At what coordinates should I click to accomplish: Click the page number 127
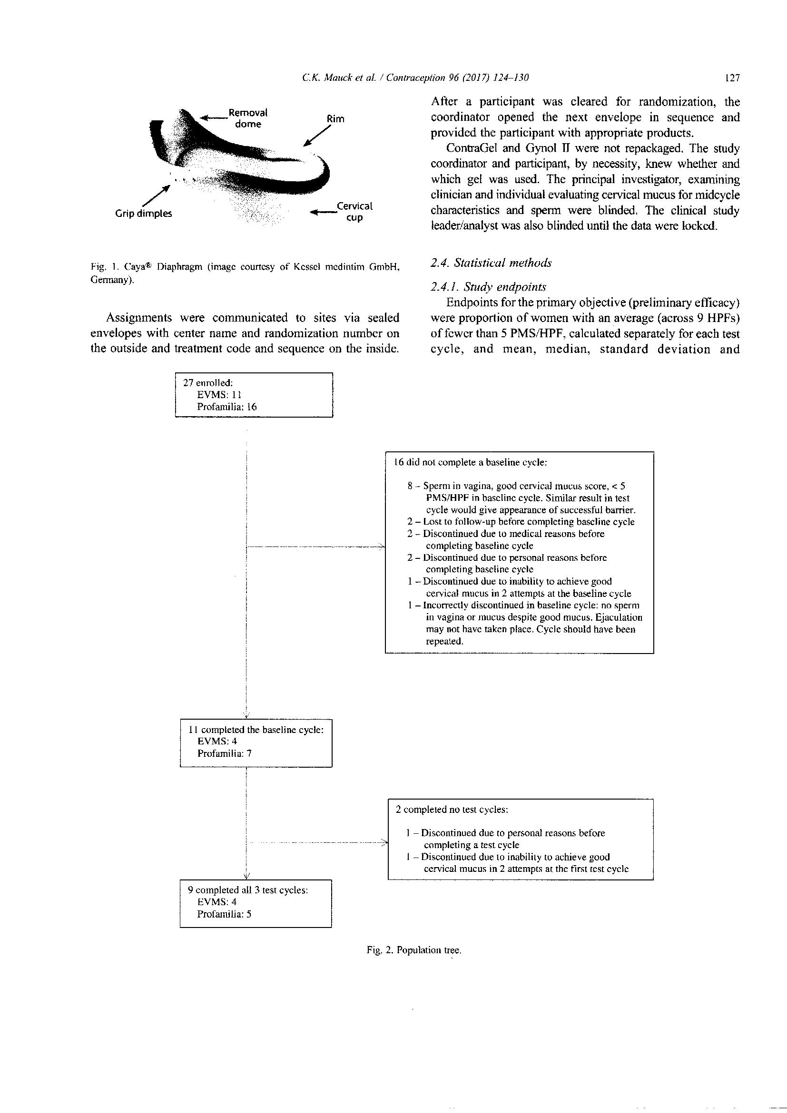(733, 78)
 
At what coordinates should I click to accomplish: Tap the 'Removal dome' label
(248, 118)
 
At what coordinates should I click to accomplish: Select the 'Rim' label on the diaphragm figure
(335, 119)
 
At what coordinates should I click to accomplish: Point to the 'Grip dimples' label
(143, 213)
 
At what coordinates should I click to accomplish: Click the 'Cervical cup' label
(354, 211)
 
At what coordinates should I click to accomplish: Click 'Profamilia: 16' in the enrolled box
(226, 407)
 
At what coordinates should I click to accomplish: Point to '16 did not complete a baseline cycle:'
(471, 462)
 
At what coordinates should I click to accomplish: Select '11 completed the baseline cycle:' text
(256, 730)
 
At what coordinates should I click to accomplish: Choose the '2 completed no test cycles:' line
(452, 810)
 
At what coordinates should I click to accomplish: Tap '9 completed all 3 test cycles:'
(248, 890)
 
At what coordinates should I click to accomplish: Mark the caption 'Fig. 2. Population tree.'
(413, 951)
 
